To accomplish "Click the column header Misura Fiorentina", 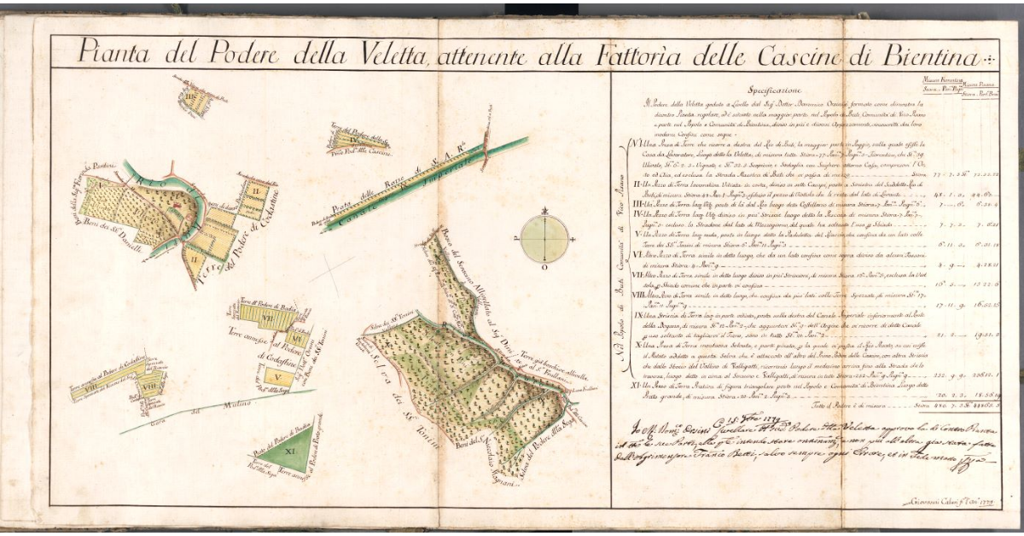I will (941, 81).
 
